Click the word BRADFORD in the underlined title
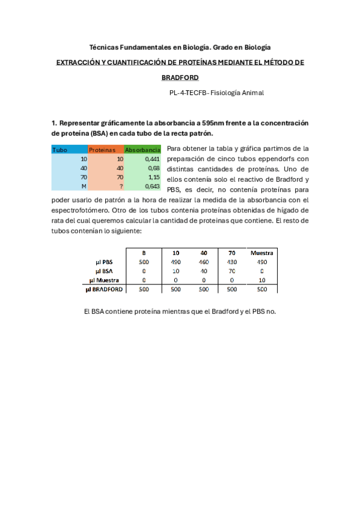point(180,78)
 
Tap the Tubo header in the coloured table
point(60,149)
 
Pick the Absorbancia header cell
point(142,149)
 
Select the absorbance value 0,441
point(152,159)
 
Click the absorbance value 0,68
point(153,168)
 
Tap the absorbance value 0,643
point(152,186)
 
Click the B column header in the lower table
point(144,253)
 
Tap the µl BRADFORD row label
point(106,289)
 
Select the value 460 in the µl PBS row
point(204,262)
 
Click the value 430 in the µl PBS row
point(232,262)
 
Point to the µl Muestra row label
point(107,280)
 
